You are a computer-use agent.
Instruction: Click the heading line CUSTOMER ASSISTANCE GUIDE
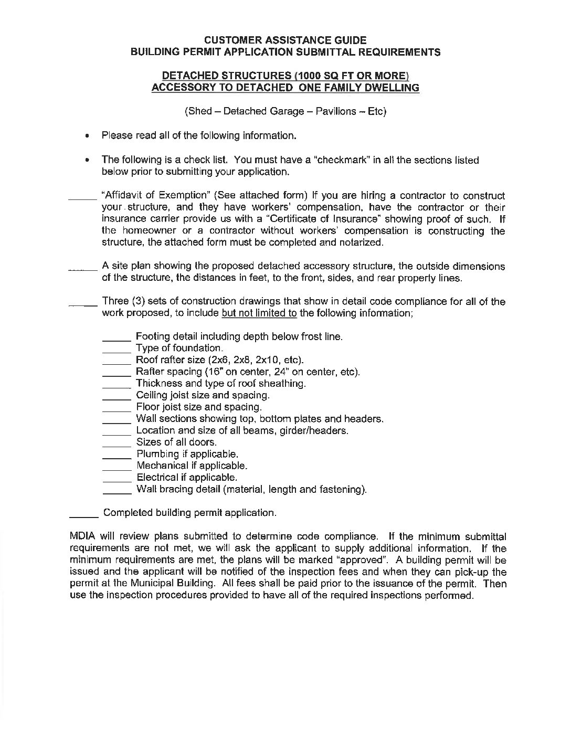[x=285, y=40]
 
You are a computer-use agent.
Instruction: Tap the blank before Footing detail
[x=116, y=338]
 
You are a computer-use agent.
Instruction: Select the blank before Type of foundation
[x=116, y=350]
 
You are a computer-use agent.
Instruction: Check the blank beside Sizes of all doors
[x=116, y=444]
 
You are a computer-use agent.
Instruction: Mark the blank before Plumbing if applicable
[x=116, y=455]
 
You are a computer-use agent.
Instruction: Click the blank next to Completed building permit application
[x=84, y=514]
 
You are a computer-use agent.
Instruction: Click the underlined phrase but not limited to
[x=259, y=313]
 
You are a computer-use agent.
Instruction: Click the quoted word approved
[x=361, y=560]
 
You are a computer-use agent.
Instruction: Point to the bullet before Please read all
[x=88, y=136]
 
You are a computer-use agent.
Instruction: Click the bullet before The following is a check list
[x=88, y=160]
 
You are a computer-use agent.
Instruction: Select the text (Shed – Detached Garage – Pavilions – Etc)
[x=285, y=112]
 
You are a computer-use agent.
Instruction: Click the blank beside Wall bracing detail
[x=116, y=491]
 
